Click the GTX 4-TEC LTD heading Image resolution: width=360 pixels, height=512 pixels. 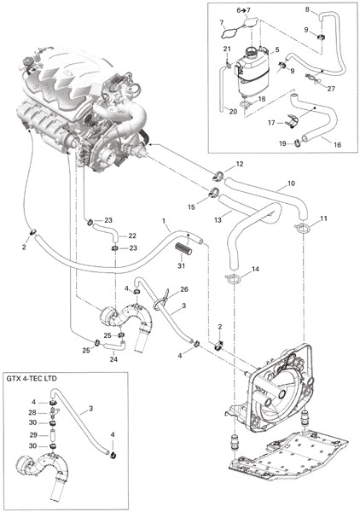32,379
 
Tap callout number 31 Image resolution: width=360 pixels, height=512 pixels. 181,265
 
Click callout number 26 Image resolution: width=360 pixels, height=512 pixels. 184,289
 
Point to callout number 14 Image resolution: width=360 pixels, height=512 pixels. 255,270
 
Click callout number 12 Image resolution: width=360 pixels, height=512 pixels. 240,164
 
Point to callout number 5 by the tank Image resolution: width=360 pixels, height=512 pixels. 277,50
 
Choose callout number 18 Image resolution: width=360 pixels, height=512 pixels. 262,99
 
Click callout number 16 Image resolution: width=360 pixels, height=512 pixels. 337,144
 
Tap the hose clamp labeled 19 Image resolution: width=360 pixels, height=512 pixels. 298,142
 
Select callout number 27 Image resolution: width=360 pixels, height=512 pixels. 331,89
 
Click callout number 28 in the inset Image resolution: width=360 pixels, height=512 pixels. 32,413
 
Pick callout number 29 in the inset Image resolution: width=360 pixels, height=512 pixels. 34,435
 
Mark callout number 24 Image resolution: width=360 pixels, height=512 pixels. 113,360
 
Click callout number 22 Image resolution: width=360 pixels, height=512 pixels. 132,236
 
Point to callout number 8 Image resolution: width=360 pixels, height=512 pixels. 307,9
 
